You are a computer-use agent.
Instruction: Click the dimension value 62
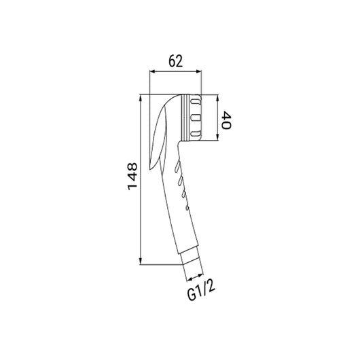[176, 61]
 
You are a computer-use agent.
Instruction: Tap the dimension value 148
[132, 177]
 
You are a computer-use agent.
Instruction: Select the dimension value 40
[226, 120]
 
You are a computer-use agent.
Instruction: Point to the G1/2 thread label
[201, 291]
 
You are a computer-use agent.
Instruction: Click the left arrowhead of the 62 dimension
[152, 71]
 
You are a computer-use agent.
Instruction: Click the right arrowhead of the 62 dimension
[198, 71]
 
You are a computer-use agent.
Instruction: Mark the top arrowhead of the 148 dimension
[141, 97]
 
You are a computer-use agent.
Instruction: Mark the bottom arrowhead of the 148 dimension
[141, 262]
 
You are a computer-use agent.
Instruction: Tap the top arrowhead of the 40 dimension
[217, 97]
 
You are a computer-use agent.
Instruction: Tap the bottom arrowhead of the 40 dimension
[217, 137]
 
